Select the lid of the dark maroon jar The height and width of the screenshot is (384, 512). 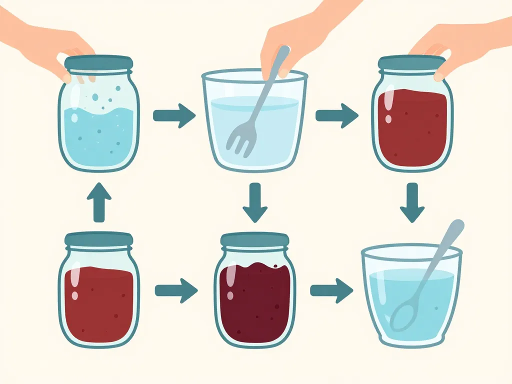255,240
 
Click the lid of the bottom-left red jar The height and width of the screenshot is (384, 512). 99,239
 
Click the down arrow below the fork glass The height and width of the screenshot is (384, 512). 255,202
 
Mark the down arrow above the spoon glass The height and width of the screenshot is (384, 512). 412,202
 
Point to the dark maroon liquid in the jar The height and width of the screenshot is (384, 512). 255,305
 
